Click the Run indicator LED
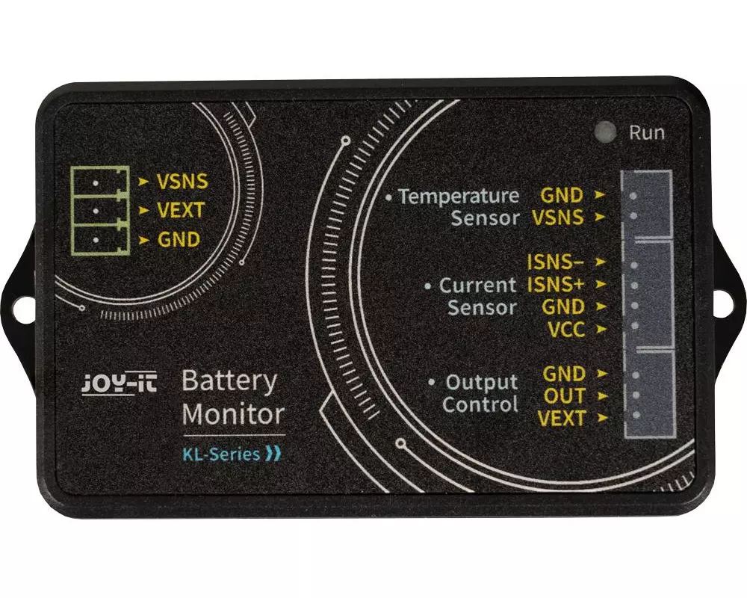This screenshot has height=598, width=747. tap(606, 132)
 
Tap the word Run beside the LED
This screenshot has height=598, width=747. tap(646, 132)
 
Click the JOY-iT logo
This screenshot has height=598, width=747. tap(119, 384)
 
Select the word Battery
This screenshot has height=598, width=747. tap(229, 381)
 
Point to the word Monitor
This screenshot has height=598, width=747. tap(233, 414)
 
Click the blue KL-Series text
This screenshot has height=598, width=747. tap(221, 454)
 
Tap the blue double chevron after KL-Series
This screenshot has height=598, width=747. tap(273, 454)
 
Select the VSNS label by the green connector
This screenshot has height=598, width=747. tap(182, 182)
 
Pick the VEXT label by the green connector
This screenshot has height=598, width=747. tap(181, 210)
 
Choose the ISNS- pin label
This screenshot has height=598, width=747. tap(556, 262)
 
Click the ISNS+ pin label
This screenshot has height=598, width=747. tap(556, 285)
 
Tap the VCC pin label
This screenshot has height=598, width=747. tap(566, 330)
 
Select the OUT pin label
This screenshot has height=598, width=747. tap(564, 396)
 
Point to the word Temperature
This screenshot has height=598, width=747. tap(459, 196)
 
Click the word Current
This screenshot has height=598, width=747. tap(477, 285)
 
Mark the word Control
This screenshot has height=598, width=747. tap(480, 404)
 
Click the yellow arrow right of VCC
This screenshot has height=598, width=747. tap(601, 329)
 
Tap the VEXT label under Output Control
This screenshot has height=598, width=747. tap(561, 418)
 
